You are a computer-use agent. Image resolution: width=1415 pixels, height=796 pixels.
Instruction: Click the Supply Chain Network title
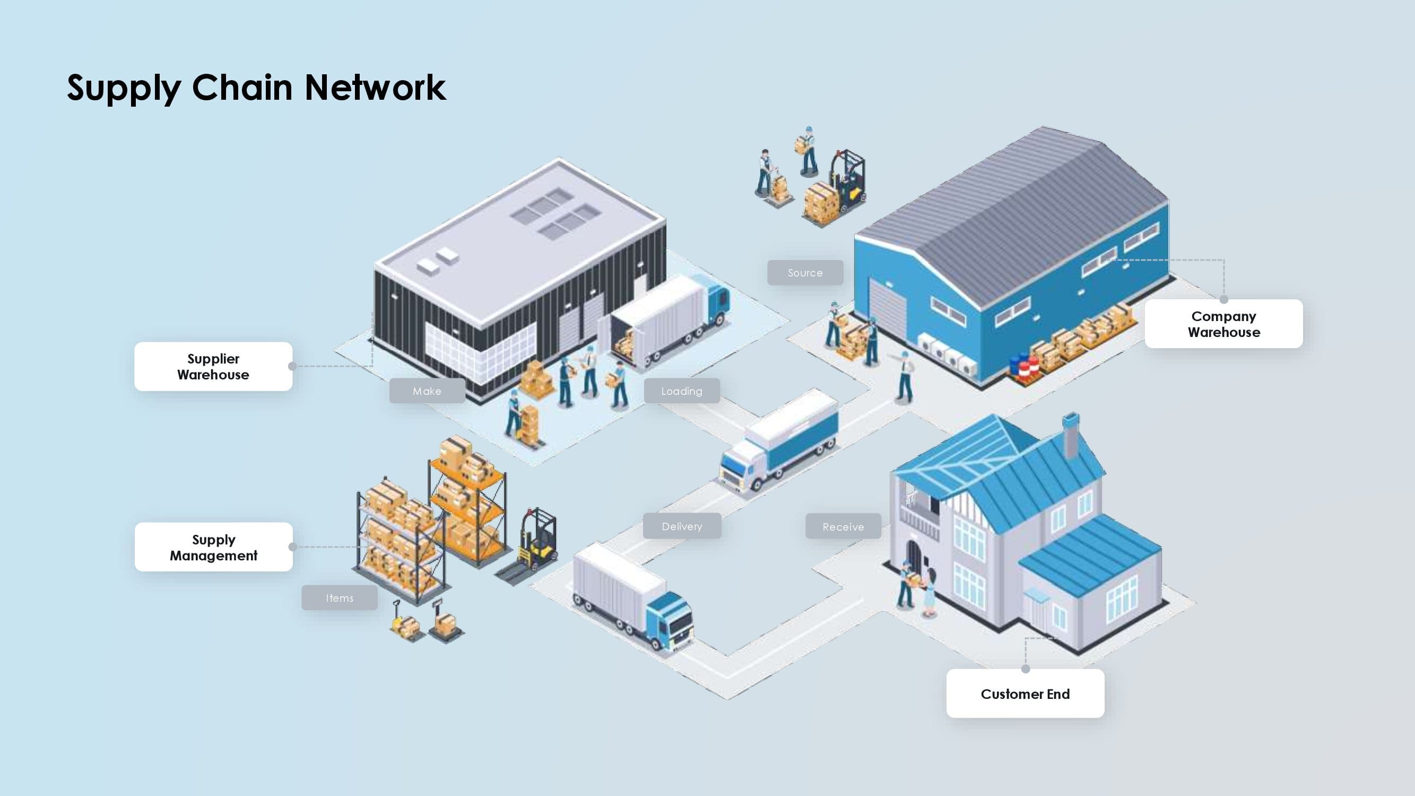[x=256, y=88]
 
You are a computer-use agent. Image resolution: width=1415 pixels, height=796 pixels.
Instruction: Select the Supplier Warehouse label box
[x=213, y=366]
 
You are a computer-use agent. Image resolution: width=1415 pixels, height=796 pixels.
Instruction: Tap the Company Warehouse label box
[x=1223, y=324]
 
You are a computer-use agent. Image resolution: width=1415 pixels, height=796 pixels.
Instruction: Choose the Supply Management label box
[x=214, y=547]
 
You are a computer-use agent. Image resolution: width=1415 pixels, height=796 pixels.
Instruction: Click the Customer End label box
[x=1025, y=693]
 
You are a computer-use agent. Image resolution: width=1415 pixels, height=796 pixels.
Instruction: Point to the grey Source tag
[x=805, y=272]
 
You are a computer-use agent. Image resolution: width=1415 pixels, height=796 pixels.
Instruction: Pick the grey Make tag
[x=427, y=391]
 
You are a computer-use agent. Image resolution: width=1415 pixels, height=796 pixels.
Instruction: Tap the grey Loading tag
[x=682, y=391]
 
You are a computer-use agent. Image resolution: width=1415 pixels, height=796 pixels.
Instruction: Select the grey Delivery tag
[x=682, y=526]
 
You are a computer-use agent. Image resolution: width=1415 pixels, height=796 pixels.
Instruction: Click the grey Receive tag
[x=843, y=526]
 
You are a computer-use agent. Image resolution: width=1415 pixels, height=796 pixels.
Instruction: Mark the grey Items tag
[x=340, y=598]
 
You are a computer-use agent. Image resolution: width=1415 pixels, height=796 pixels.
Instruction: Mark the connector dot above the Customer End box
[x=1026, y=669]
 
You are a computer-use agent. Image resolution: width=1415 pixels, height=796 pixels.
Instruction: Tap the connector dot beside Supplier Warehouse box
[x=292, y=366]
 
